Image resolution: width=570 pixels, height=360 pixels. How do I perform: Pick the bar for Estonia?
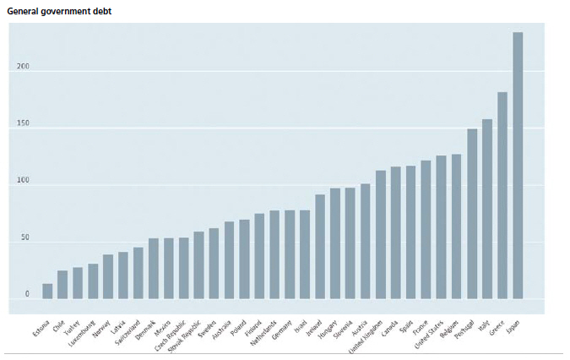47,291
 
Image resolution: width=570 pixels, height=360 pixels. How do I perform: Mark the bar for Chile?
62,285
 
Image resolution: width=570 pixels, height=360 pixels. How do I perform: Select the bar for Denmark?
154,269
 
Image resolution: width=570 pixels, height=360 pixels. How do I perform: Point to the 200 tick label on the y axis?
23,68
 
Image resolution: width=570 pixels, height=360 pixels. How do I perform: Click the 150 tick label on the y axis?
23,124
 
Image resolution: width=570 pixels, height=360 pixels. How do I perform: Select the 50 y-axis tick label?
24,238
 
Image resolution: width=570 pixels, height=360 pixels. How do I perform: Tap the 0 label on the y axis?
27,294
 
